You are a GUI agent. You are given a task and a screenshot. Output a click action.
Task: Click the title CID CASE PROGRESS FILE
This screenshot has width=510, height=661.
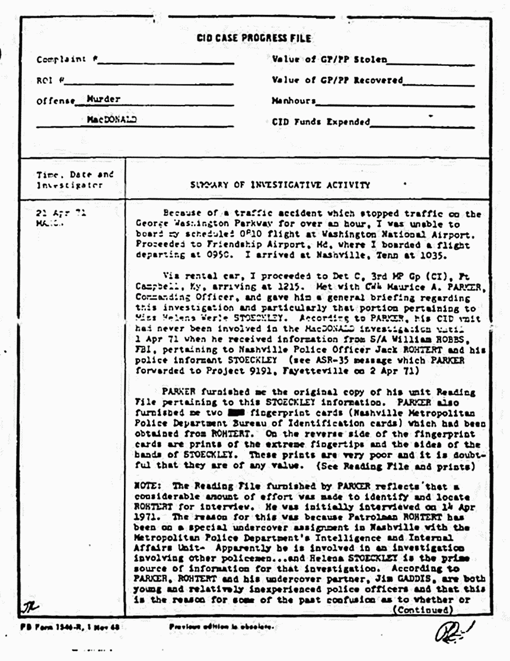tap(253, 39)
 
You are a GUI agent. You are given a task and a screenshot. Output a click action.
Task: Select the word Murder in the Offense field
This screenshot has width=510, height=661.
tap(104, 98)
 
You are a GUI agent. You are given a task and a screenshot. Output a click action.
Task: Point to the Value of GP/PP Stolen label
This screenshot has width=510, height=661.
tap(329, 60)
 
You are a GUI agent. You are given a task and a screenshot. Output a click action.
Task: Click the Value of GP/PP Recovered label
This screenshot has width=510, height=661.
tap(337, 80)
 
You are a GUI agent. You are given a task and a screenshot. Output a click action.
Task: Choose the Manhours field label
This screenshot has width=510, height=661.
tap(294, 101)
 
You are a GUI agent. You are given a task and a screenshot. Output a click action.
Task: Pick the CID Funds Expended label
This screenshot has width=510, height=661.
tap(320, 122)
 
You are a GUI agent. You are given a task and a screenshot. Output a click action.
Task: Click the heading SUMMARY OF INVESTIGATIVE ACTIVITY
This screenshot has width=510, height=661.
tap(280, 185)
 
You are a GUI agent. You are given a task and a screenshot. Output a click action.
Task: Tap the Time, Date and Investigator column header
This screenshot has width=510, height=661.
tap(74, 180)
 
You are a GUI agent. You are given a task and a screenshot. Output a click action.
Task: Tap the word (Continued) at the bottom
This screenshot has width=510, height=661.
tap(423, 609)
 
